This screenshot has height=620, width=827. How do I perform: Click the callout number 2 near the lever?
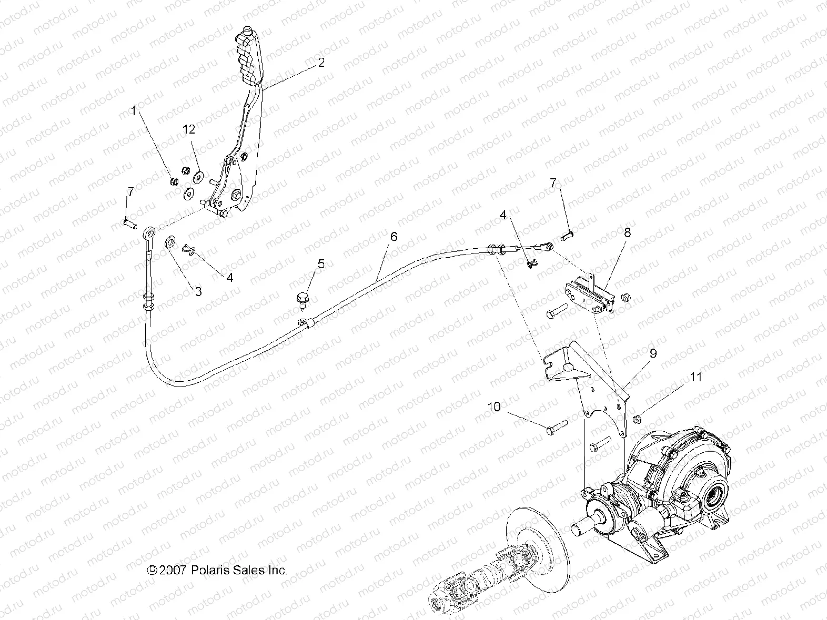pos(321,63)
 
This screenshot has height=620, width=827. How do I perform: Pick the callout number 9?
pos(653,354)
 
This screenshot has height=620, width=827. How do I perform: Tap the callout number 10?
pos(495,406)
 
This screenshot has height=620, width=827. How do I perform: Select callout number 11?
pos(696,377)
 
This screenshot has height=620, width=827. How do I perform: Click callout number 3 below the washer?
pos(198,291)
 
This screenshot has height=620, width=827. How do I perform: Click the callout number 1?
pos(133,110)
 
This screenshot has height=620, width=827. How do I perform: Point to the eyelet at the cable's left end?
pos(150,231)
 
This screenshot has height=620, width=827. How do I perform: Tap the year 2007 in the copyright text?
pos(172,570)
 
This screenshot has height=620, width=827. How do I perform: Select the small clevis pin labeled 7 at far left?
pos(130,223)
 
